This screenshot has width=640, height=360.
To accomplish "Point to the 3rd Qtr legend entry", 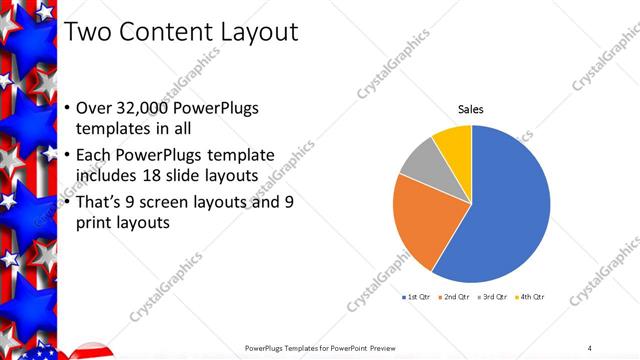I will point(492,297).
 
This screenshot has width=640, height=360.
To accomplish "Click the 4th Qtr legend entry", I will point(530,297).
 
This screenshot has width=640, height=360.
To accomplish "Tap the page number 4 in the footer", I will point(589,347).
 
